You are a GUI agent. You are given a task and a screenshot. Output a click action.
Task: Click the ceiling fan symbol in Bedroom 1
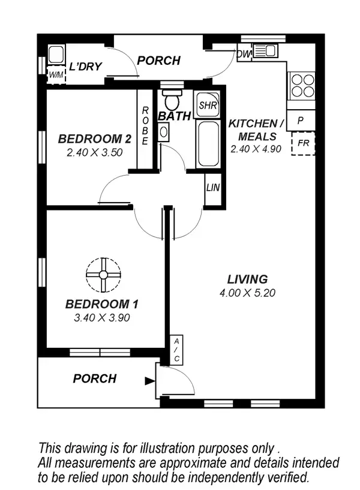tap(103, 275)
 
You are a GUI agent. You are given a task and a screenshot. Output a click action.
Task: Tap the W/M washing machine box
tap(56, 75)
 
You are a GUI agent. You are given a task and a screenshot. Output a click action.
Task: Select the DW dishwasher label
tap(244, 55)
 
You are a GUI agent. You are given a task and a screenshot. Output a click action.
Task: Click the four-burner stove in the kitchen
tap(301, 85)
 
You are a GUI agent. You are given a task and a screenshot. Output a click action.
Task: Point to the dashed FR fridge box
tap(303, 143)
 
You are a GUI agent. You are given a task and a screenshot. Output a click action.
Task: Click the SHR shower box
tap(208, 105)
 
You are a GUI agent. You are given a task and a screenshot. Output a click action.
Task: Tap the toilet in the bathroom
tap(173, 100)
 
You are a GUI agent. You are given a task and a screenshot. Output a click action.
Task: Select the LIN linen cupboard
tap(213, 188)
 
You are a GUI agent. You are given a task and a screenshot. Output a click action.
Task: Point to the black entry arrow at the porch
tap(148, 380)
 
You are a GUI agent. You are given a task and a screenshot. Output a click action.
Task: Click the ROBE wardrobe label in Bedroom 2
tap(145, 127)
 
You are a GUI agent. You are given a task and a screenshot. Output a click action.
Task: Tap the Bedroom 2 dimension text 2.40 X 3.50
tap(94, 152)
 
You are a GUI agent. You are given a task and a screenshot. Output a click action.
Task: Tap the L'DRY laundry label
tap(85, 67)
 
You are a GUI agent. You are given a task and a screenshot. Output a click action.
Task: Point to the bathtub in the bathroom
tap(208, 144)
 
